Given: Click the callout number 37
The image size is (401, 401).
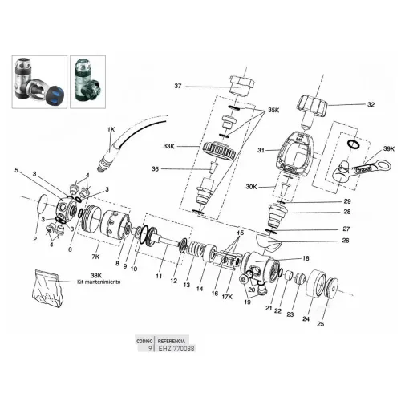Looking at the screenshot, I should coord(179,86).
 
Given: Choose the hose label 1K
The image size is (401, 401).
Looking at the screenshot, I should coord(110,128).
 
